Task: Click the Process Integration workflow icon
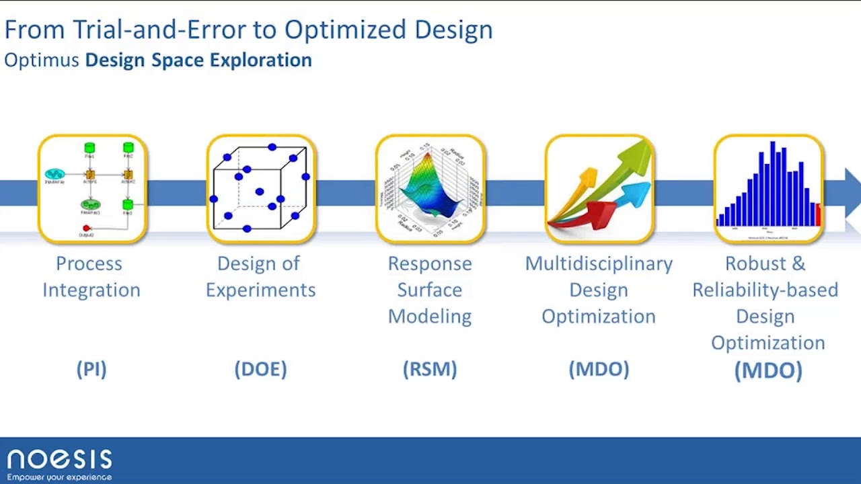pyautogui.click(x=92, y=189)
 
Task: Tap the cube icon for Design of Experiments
pyautogui.click(x=261, y=189)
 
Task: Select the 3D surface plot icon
pyautogui.click(x=430, y=189)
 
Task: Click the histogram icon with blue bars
pyautogui.click(x=768, y=189)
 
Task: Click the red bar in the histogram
pyautogui.click(x=818, y=215)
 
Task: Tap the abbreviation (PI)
pyautogui.click(x=91, y=369)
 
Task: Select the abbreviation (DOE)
pyautogui.click(x=260, y=369)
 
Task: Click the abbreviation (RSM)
pyautogui.click(x=430, y=369)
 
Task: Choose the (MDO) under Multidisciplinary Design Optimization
pyautogui.click(x=599, y=369)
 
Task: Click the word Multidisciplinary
pyautogui.click(x=599, y=264)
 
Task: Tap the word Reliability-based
pyautogui.click(x=765, y=290)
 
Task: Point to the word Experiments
pyautogui.click(x=260, y=290)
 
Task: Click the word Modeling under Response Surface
pyautogui.click(x=430, y=316)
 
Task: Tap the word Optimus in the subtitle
pyautogui.click(x=41, y=60)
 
